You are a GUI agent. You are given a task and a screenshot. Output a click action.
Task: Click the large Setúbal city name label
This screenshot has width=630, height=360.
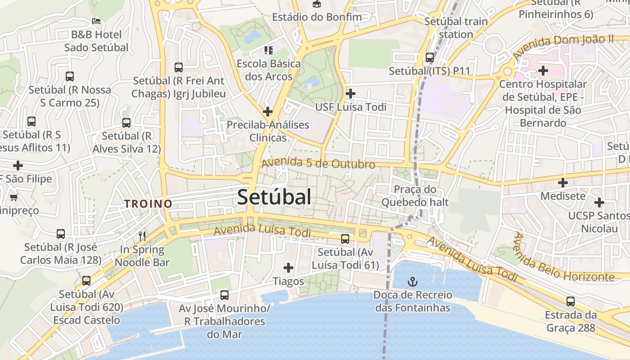274,197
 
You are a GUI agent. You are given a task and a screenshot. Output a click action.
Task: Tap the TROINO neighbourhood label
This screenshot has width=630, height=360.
148,203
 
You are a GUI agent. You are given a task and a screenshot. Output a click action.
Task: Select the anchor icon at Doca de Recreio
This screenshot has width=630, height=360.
413,282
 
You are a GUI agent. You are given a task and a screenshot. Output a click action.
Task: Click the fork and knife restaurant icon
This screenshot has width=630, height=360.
142,235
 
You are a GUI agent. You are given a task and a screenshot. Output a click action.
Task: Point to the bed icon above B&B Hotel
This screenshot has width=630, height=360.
96,21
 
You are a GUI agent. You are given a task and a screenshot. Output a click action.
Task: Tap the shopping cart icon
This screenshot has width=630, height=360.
13,197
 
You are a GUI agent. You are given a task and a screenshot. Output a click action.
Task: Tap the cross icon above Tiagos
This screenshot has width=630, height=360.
288,268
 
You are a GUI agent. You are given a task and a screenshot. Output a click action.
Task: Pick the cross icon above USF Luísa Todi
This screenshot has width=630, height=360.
351,94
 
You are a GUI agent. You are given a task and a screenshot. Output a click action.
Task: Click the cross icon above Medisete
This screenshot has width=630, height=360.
563,183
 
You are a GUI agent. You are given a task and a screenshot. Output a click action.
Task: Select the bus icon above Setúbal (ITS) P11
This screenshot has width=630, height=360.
430,58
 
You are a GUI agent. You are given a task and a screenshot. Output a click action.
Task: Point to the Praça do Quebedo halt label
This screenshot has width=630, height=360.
415,196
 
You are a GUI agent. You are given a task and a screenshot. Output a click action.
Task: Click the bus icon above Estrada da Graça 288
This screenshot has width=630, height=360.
571,301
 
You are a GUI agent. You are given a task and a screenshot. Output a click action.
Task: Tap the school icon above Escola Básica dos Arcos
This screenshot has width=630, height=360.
269,50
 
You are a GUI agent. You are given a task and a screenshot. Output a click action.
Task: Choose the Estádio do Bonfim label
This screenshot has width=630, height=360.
317,17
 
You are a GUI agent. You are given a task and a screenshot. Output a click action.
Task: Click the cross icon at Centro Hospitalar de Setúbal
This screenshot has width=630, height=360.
543,71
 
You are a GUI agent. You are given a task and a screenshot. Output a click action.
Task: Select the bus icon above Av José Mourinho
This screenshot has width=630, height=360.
224,295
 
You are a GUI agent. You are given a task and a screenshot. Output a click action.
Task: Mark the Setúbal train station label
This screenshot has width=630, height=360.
456,27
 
